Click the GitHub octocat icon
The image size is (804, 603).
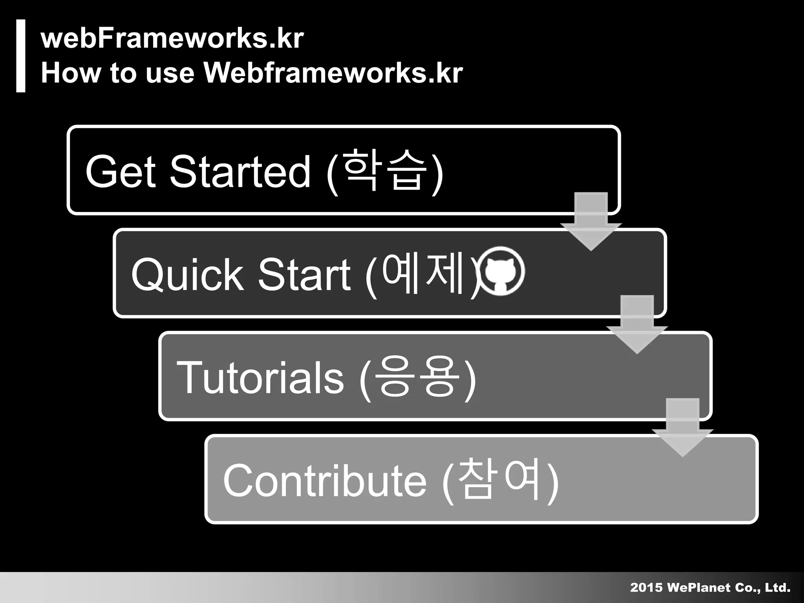coord(500,271)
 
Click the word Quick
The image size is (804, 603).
coord(187,275)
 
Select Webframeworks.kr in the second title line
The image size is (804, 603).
coord(333,73)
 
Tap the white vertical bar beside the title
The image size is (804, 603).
coord(21,56)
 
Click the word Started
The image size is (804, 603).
coord(240,171)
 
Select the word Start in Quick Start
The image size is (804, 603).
coord(304,275)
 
